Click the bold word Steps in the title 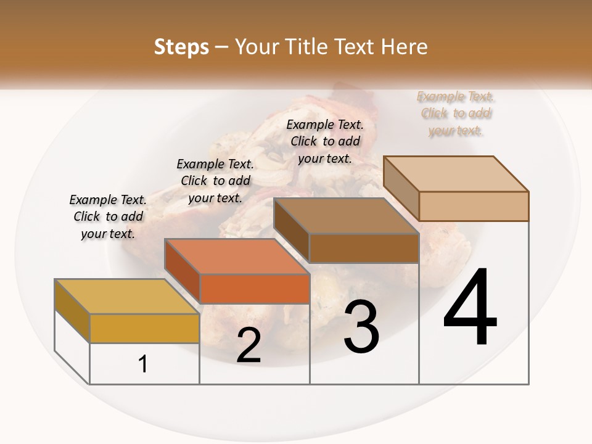pyautogui.click(x=181, y=47)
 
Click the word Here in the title pyautogui.click(x=405, y=47)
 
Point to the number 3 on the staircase pyautogui.click(x=361, y=327)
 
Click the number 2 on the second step pyautogui.click(x=249, y=345)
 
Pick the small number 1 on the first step pyautogui.click(x=143, y=364)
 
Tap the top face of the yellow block pyautogui.click(x=126, y=297)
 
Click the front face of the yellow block pyautogui.click(x=144, y=328)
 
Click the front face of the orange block pyautogui.click(x=254, y=289)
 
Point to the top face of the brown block pyautogui.click(x=346, y=216)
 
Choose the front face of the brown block pyautogui.click(x=364, y=248)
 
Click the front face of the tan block pyautogui.click(x=474, y=206)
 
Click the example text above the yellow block pyautogui.click(x=108, y=216)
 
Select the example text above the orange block pyautogui.click(x=215, y=181)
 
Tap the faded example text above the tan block pyautogui.click(x=456, y=113)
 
